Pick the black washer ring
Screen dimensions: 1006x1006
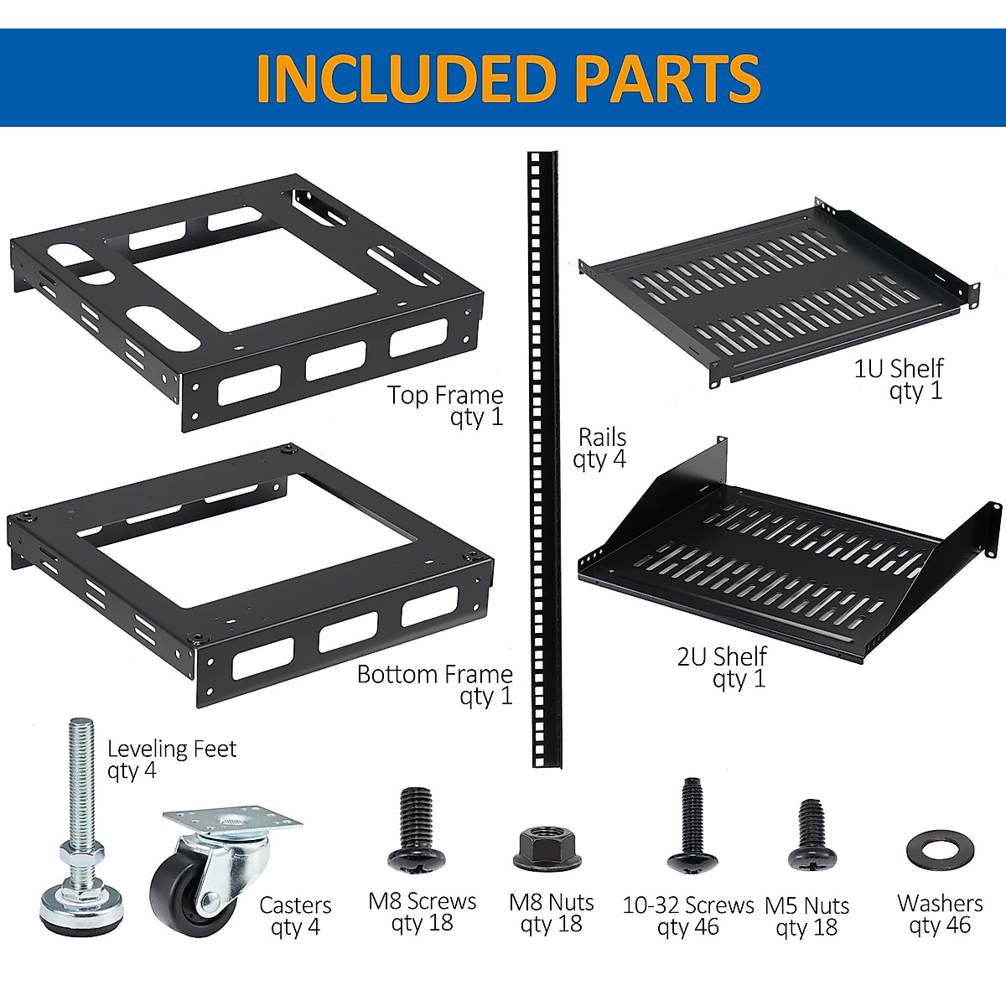(x=939, y=848)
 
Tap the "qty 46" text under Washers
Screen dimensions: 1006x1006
(x=939, y=925)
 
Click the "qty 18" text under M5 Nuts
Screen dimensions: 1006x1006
(x=806, y=927)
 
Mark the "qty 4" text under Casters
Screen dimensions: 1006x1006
(x=295, y=927)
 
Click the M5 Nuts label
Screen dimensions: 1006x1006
(x=806, y=905)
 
